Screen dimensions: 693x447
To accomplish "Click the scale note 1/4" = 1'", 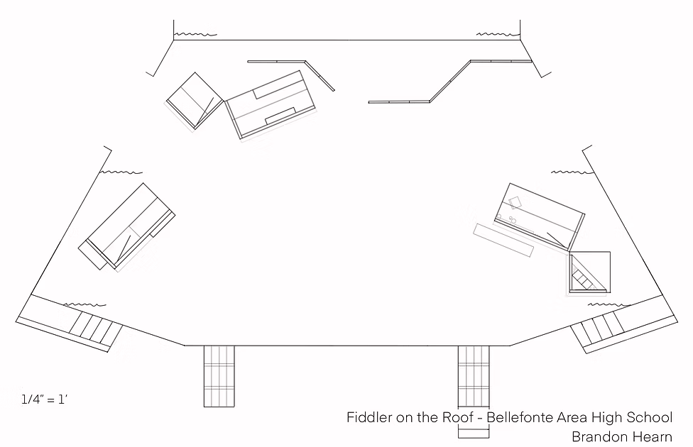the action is (44, 399).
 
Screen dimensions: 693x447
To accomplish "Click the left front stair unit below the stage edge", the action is (219, 376).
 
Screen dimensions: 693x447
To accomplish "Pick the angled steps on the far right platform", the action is (598, 329).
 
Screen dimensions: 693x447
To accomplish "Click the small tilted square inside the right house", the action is (515, 203).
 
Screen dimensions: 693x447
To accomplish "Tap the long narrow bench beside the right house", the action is (503, 241).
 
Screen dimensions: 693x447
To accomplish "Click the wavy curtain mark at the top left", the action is (195, 35).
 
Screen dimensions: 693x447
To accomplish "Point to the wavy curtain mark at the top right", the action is (498, 34).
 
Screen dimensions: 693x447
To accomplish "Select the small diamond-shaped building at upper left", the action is (195, 101).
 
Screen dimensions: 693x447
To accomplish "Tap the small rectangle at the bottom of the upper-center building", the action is (280, 116).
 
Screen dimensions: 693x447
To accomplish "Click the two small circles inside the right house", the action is (513, 219).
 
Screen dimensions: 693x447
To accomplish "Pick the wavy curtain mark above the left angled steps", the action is (85, 305).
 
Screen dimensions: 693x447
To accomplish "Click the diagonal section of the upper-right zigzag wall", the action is (450, 82).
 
